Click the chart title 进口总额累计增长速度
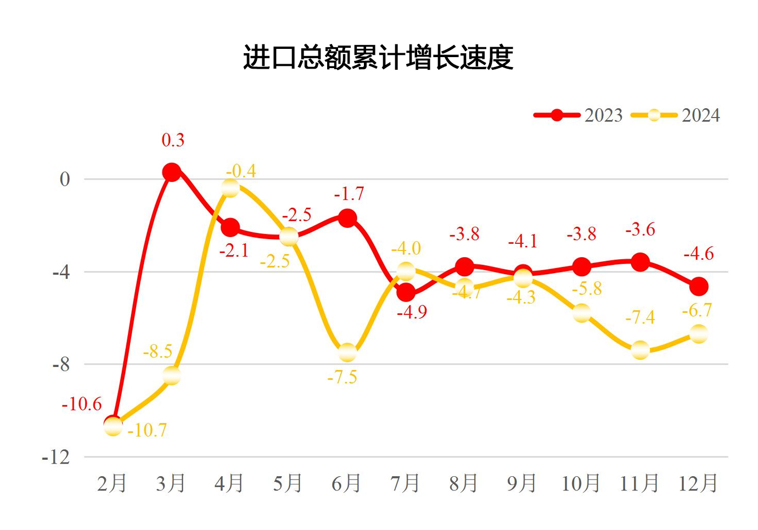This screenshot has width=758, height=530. point(378,57)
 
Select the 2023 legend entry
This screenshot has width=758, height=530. point(579,115)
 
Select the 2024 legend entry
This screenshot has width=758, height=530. point(676,115)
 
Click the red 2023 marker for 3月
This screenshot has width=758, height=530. point(172,172)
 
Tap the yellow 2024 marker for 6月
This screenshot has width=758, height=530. point(347,352)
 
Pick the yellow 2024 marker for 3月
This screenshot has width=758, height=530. point(172,376)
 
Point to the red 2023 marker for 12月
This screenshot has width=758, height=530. point(699,286)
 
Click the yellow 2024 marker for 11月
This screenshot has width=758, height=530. point(640,350)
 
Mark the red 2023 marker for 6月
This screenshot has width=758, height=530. point(347,218)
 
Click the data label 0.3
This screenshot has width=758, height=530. point(173,141)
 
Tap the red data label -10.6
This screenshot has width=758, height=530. point(82,404)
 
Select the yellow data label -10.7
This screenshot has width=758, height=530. point(147,430)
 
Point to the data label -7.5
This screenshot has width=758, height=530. point(342,377)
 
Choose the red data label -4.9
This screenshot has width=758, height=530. point(412,313)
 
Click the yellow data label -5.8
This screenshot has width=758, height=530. point(587,289)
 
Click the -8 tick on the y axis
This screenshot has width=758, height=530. point(61,364)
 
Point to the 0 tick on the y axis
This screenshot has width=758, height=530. point(65,179)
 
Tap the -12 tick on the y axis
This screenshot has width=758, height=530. point(57,457)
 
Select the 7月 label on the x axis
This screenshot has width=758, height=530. point(405,483)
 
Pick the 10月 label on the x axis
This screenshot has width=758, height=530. point(581,483)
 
